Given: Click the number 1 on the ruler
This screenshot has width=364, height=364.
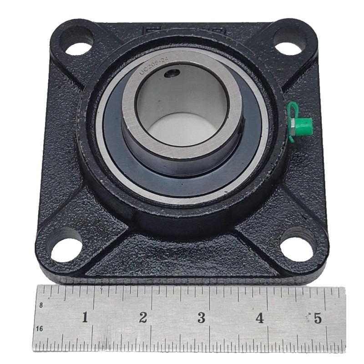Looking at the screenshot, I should click(85, 318).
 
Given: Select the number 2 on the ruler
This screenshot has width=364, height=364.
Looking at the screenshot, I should click(143, 318).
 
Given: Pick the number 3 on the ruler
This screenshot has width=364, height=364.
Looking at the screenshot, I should click(201, 318).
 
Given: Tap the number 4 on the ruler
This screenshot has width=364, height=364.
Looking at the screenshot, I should click(259, 318).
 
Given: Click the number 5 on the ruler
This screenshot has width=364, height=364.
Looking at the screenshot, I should click(317, 318).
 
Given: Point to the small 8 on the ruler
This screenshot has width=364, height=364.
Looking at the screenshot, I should click(41, 305).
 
